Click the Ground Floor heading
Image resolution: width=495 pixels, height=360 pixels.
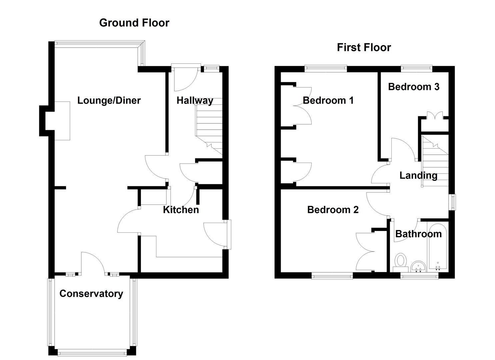[134, 23]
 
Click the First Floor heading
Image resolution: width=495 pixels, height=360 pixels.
[364, 47]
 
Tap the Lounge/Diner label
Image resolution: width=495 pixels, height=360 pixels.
[109, 100]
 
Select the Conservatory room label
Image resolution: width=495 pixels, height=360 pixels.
[91, 294]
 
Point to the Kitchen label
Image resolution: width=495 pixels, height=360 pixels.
[181, 210]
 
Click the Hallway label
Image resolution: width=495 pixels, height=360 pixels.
[195, 100]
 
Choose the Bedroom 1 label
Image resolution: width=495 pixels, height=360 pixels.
[328, 100]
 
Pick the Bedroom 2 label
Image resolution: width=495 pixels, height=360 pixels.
[333, 210]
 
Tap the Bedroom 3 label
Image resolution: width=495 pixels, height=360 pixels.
[413, 87]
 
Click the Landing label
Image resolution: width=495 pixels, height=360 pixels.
[418, 175]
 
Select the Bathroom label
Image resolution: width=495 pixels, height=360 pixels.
[418, 234]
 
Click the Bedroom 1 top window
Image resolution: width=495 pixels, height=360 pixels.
[326, 69]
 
